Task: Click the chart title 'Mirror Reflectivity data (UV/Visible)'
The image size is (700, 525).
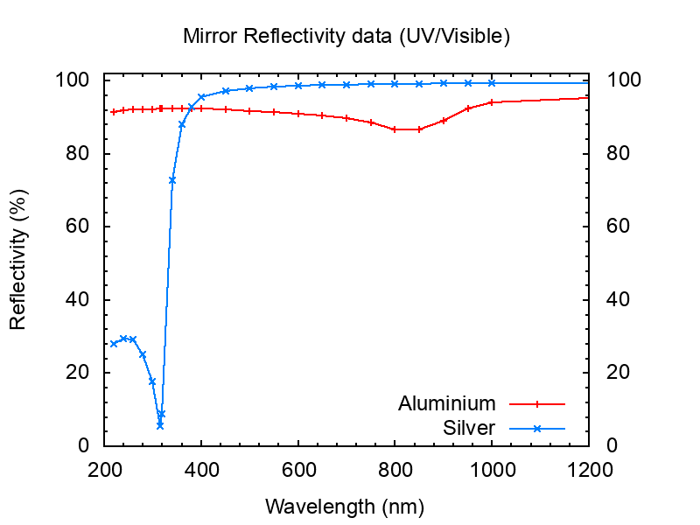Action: [346, 37]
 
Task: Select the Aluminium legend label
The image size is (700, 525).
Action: [446, 403]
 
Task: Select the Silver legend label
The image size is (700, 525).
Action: [469, 428]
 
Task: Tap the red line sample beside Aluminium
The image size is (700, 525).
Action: [537, 404]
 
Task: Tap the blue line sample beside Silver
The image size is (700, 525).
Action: [537, 429]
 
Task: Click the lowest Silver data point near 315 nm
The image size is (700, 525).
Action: [160, 425]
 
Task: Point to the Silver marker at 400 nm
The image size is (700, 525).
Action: [201, 97]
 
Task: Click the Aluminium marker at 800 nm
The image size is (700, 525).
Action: [395, 129]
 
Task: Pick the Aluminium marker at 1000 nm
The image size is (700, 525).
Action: [492, 102]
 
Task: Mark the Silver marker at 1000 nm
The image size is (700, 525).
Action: [492, 83]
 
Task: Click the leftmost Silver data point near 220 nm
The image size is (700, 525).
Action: [114, 343]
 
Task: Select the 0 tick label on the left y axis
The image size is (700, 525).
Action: [84, 445]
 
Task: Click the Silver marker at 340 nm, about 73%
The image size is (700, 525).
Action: [172, 180]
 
